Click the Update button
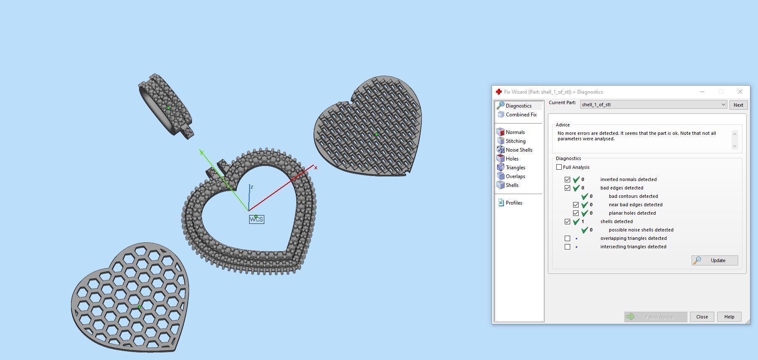coord(715,260)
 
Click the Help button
coord(729,317)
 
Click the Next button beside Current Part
coord(738,105)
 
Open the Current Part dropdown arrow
coord(723,105)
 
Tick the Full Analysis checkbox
coord(559,167)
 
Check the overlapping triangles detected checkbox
coord(568,238)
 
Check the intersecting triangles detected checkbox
coord(568,247)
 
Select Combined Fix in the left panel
coord(521,115)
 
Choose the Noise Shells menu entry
coord(518,150)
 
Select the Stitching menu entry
coord(515,141)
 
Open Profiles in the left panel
coord(513,203)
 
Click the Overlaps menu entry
coord(515,176)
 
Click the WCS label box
coord(257,220)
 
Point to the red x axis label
coord(316,168)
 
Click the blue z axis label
coord(252,187)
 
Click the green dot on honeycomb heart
coord(139,307)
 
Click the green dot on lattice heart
coord(376,134)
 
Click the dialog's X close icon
coord(740,92)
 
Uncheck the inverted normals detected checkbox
coord(568,179)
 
